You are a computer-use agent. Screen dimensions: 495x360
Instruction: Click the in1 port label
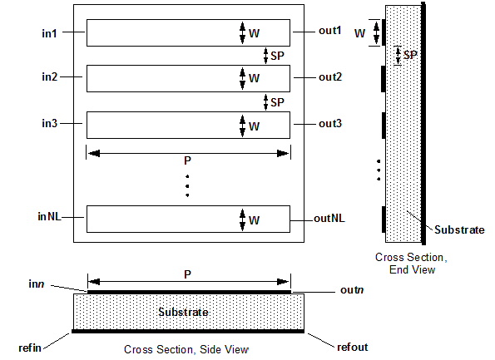[x=49, y=33]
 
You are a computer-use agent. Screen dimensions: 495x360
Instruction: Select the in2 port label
[x=50, y=76]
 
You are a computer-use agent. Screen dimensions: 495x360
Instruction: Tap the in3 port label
[x=50, y=123]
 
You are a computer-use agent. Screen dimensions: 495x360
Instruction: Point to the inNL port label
[x=49, y=216]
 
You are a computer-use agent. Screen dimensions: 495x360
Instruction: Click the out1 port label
[x=330, y=31]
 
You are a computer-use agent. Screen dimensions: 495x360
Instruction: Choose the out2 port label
[x=330, y=77]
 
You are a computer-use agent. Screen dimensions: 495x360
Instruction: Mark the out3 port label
[x=330, y=123]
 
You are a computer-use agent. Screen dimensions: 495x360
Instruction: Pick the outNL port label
[x=329, y=219]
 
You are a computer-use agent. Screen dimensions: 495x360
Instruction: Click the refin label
[x=30, y=348]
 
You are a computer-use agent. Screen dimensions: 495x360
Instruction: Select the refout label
[x=352, y=347]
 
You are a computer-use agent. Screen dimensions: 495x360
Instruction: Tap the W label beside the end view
[x=359, y=33]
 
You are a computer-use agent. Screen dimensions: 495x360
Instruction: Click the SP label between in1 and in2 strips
[x=277, y=56]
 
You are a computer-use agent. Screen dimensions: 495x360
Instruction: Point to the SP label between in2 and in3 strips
[x=277, y=102]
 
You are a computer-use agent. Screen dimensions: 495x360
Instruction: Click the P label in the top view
[x=187, y=161]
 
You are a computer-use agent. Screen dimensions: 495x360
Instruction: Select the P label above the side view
[x=187, y=274]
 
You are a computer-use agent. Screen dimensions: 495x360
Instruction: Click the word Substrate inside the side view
[x=183, y=312]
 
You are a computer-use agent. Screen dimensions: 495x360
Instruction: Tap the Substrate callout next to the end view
[x=459, y=229]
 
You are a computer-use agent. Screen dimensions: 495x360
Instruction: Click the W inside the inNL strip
[x=254, y=220]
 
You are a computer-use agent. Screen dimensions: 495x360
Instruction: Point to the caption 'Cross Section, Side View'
[x=186, y=349]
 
